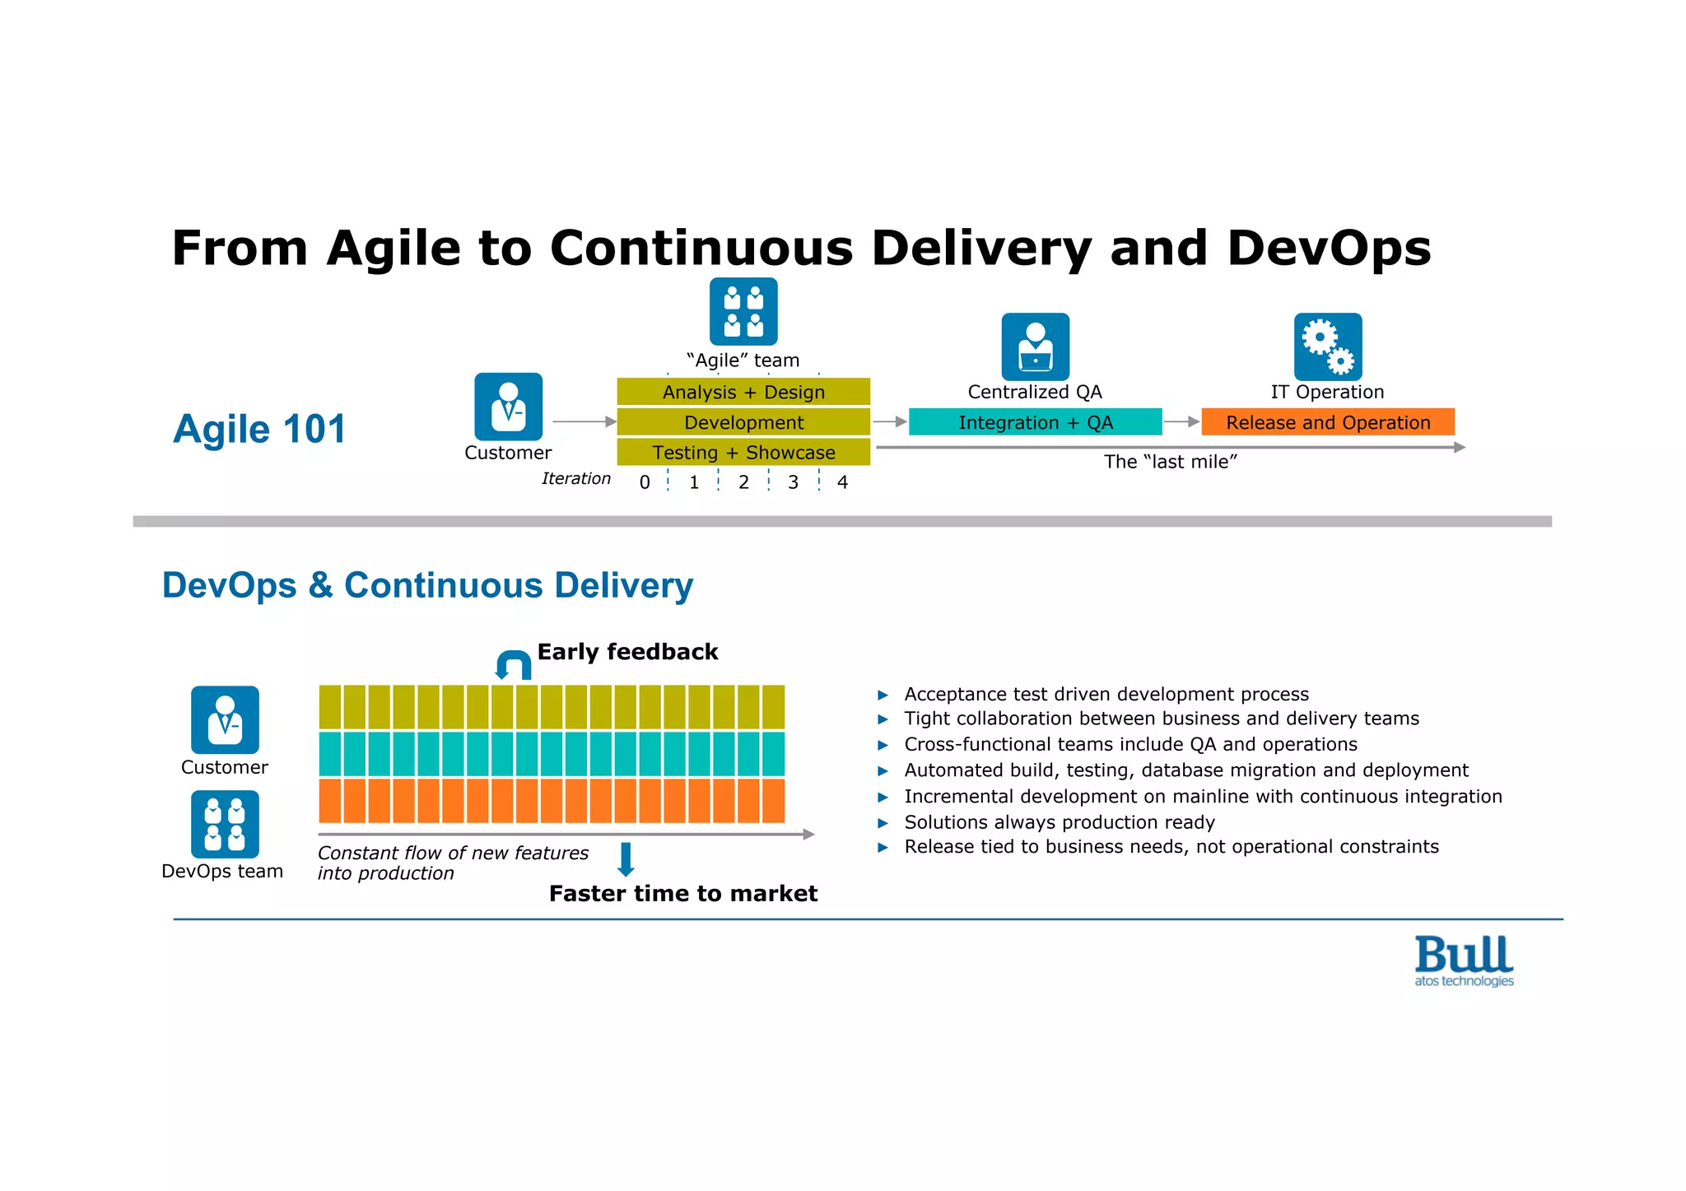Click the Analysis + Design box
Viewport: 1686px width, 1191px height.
coord(743,392)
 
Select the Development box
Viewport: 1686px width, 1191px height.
coord(743,422)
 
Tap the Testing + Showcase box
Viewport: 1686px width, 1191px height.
coord(743,452)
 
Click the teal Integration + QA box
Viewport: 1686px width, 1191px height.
coord(1035,422)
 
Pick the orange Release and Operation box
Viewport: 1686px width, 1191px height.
coord(1327,422)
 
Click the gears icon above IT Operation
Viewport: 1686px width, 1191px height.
coord(1327,347)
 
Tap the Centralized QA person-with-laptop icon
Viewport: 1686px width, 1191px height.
coord(1035,347)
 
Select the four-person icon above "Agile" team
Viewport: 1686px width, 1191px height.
coord(743,311)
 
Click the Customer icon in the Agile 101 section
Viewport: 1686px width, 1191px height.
coord(508,407)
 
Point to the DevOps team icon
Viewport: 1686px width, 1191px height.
coord(225,824)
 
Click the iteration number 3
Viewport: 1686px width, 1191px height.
coord(793,482)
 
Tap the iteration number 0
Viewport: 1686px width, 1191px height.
coord(645,482)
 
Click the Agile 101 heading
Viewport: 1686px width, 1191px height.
coord(259,429)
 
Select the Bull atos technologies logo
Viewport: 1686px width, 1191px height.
coord(1464,961)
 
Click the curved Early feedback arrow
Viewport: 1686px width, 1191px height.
coord(513,664)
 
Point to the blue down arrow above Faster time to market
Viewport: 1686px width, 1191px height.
coord(626,859)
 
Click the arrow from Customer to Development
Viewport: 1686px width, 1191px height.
coord(584,421)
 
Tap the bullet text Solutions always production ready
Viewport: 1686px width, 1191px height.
coord(1059,822)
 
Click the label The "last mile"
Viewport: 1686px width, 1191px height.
coord(1170,462)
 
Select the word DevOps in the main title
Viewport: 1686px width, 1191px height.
coord(1328,248)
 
